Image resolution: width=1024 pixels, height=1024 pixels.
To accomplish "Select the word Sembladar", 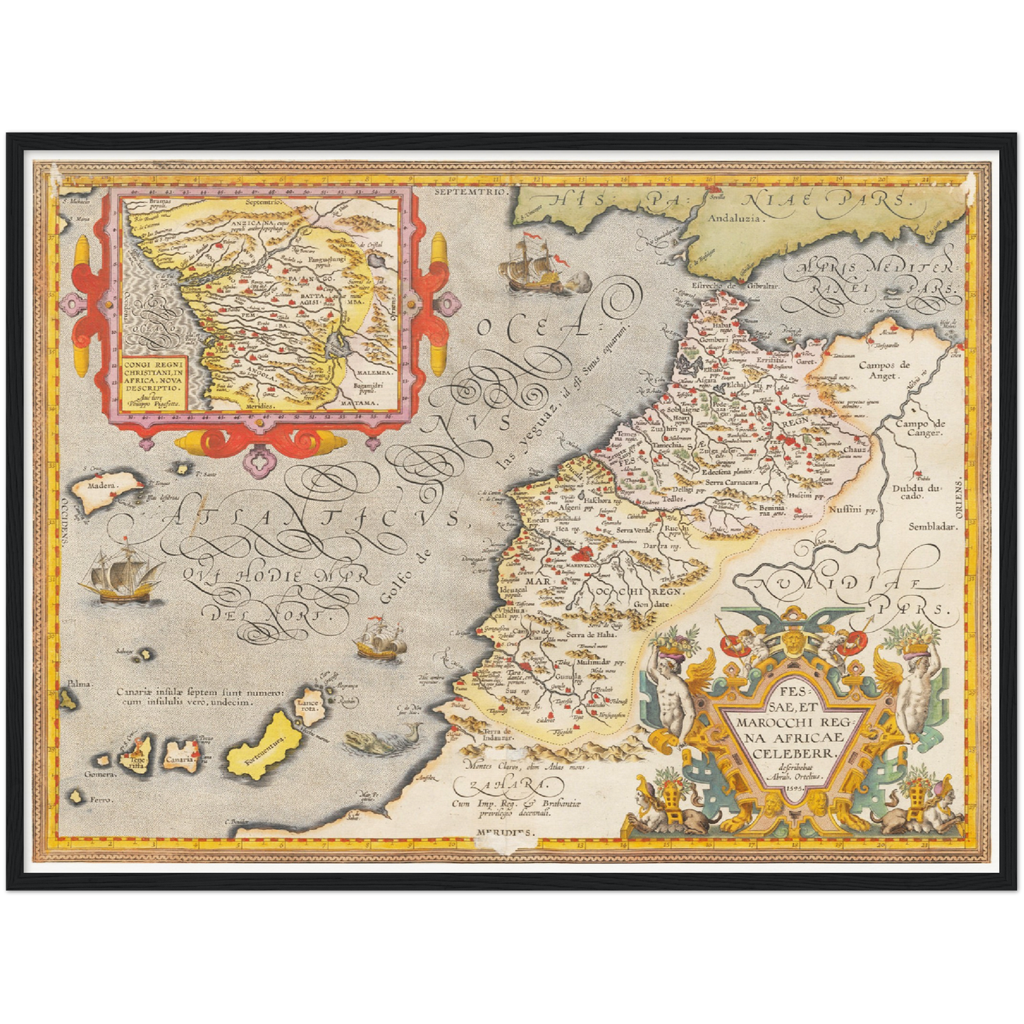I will pos(934,527).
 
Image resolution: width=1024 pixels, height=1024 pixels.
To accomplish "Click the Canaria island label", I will pos(179,760).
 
